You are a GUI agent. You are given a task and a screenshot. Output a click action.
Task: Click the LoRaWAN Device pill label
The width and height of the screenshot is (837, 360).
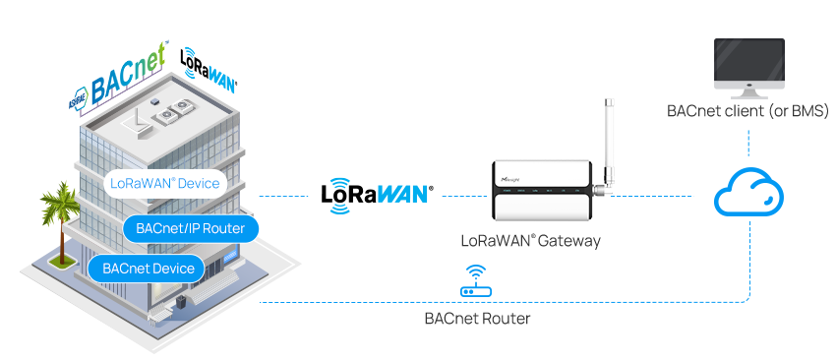click(x=163, y=184)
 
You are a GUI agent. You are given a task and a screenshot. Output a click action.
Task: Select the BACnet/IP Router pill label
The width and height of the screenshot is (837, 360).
click(x=191, y=228)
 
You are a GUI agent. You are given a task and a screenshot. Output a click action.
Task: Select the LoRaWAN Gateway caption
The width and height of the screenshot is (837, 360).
click(x=530, y=240)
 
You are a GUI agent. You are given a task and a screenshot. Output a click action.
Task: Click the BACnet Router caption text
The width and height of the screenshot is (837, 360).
click(x=477, y=319)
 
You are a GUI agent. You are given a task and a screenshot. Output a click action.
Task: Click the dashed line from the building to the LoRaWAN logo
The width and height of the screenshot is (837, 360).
click(x=285, y=197)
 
